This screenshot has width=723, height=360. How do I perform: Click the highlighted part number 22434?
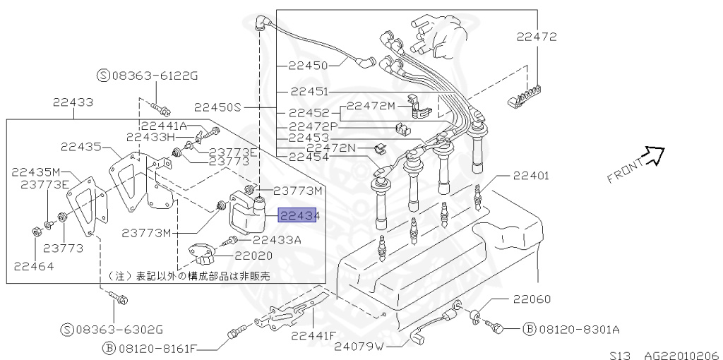point(299,216)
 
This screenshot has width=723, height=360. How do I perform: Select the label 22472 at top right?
point(537,37)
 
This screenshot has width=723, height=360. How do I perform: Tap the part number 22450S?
point(217,107)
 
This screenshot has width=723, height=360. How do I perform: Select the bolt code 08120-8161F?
point(157,347)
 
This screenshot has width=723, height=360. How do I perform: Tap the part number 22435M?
point(37,172)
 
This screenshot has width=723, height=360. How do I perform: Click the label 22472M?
point(371,105)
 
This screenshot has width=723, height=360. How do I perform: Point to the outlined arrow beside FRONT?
point(655,156)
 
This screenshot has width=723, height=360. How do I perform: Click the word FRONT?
point(624,170)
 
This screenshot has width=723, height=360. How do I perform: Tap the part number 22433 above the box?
point(73,102)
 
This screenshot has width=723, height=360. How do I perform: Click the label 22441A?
point(162,126)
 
